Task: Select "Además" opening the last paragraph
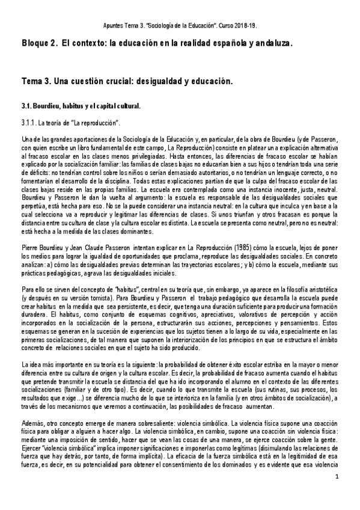coord(32,423)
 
